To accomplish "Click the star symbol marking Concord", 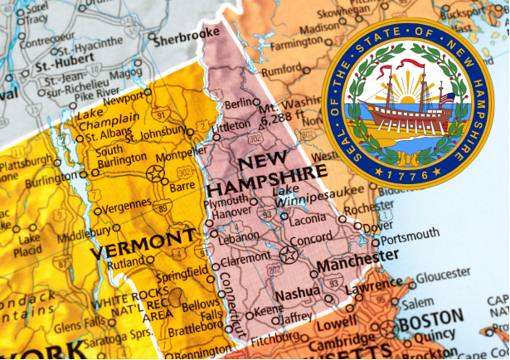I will [x=288, y=254].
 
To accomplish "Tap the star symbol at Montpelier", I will [x=154, y=173].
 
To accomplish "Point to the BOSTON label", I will [x=430, y=318].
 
